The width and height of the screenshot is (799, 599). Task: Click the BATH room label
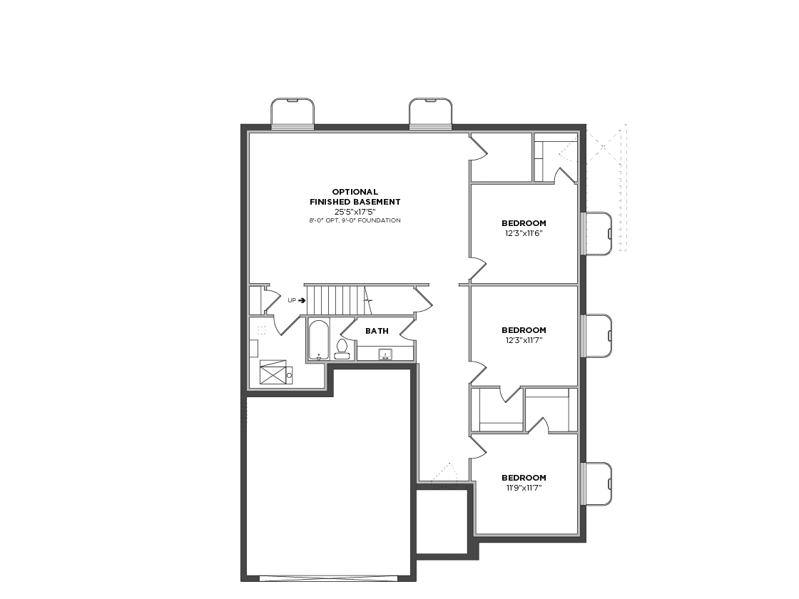click(377, 331)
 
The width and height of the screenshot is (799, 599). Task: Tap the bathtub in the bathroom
click(320, 340)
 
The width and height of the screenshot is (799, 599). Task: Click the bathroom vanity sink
click(386, 354)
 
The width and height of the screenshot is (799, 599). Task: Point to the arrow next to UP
click(302, 300)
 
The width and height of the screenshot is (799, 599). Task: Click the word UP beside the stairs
click(292, 300)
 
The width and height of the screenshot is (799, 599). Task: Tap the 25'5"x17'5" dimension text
click(355, 211)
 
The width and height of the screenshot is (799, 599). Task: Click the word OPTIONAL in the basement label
click(355, 192)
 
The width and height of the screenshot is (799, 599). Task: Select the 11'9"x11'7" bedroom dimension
click(524, 488)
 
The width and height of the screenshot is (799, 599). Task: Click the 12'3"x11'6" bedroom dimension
click(524, 233)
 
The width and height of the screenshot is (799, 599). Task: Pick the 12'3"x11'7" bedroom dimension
click(524, 340)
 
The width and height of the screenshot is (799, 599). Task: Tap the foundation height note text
click(355, 220)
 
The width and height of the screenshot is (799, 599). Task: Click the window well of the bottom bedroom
click(597, 484)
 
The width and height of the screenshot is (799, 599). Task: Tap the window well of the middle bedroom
click(597, 336)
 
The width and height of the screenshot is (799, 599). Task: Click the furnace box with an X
click(273, 372)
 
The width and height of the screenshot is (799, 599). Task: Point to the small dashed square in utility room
click(262, 330)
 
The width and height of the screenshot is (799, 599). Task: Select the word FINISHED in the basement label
click(331, 202)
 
